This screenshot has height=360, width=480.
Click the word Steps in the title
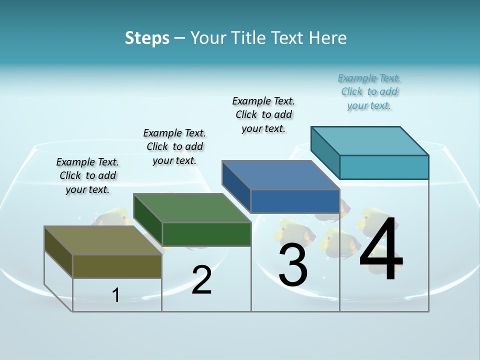(147, 38)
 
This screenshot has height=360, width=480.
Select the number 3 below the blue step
(293, 264)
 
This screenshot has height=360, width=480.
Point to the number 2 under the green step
(201, 280)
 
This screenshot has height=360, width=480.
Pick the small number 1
(116, 295)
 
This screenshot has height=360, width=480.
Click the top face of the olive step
(102, 240)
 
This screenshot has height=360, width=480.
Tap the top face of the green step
(192, 208)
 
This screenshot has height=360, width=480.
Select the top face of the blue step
(281, 175)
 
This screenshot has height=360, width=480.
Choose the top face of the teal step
(370, 140)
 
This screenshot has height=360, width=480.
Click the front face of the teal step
(384, 167)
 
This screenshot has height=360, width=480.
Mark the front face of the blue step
(295, 201)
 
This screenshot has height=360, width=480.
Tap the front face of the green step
(206, 234)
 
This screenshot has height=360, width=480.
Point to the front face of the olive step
(117, 266)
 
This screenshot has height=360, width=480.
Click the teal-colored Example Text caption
(369, 92)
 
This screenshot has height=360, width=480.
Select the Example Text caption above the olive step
(87, 175)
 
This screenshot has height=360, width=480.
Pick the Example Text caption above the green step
(174, 146)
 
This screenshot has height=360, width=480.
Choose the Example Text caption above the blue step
(263, 114)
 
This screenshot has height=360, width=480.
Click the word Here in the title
(328, 38)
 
